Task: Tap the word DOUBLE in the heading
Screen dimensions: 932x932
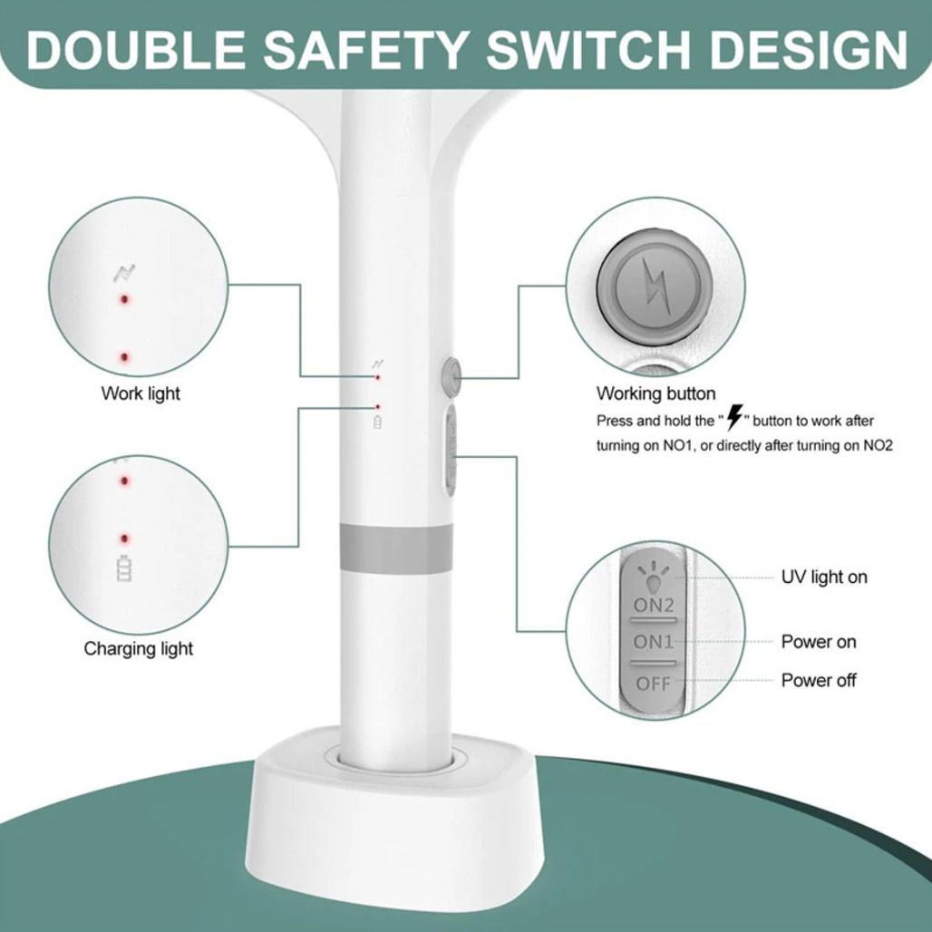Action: point(136,49)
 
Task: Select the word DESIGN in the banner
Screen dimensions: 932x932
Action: point(809,49)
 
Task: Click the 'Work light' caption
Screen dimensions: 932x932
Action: point(141,393)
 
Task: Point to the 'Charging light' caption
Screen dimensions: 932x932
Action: point(139,648)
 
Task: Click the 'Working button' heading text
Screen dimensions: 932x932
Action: point(656,393)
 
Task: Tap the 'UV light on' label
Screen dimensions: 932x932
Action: point(824,577)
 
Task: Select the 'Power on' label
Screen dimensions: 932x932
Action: point(819,642)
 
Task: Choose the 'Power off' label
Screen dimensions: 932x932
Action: point(819,680)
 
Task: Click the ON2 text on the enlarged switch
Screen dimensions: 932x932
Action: point(654,606)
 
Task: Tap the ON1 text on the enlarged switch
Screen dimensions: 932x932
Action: point(654,642)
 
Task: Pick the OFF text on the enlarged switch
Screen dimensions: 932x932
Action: point(653,684)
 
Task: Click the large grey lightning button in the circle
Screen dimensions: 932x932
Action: point(655,287)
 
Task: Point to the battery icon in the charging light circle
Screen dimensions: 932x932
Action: point(124,568)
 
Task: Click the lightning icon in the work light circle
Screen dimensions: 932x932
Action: point(125,273)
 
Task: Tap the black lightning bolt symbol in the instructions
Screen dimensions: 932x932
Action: point(735,417)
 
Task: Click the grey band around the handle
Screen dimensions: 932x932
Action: point(396,549)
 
